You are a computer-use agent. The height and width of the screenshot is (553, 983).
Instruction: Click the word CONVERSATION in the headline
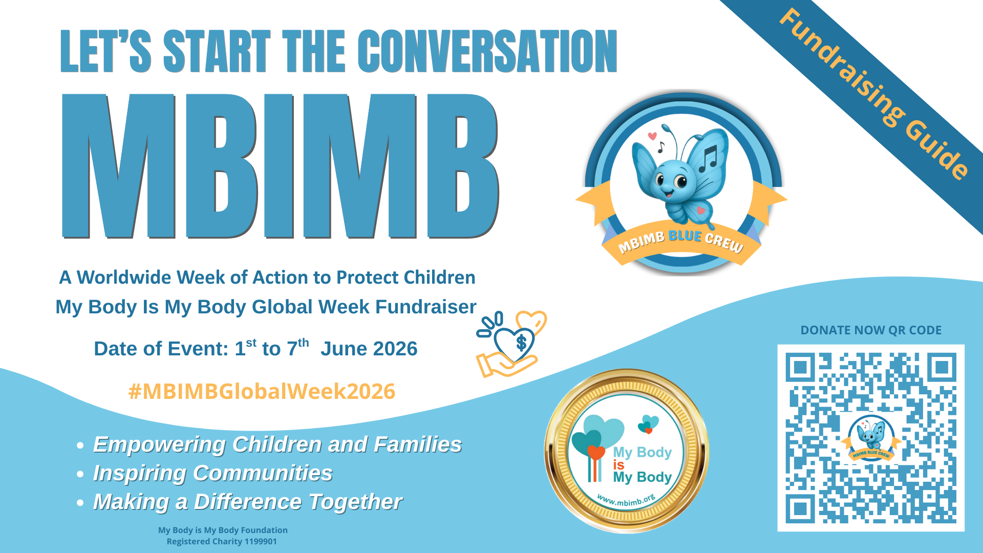(x=487, y=51)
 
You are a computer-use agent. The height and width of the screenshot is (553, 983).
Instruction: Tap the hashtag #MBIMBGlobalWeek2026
(x=262, y=392)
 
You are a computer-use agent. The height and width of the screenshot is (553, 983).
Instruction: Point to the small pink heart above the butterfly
(x=652, y=136)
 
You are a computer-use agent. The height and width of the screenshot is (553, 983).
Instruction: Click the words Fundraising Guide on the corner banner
(x=873, y=94)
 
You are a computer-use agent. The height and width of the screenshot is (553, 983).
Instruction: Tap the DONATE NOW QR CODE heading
(x=870, y=330)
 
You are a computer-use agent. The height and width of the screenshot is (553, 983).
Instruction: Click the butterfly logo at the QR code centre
(x=870, y=438)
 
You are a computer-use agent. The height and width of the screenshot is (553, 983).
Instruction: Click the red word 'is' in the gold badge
(x=618, y=465)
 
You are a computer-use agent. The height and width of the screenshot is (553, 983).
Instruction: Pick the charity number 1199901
(x=259, y=542)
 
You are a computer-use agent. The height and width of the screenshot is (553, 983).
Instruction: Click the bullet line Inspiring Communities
(x=212, y=473)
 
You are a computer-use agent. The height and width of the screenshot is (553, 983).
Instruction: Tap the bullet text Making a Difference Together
(x=247, y=502)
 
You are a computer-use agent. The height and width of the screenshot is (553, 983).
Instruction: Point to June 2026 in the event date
(x=369, y=349)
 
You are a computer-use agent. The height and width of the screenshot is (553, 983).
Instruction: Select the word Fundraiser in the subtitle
(x=425, y=307)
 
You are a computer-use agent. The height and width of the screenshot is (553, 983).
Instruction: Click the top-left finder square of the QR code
(x=800, y=367)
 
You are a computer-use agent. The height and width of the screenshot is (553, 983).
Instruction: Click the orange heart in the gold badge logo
(x=596, y=452)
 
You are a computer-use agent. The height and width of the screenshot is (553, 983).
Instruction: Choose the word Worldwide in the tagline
(x=124, y=278)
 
